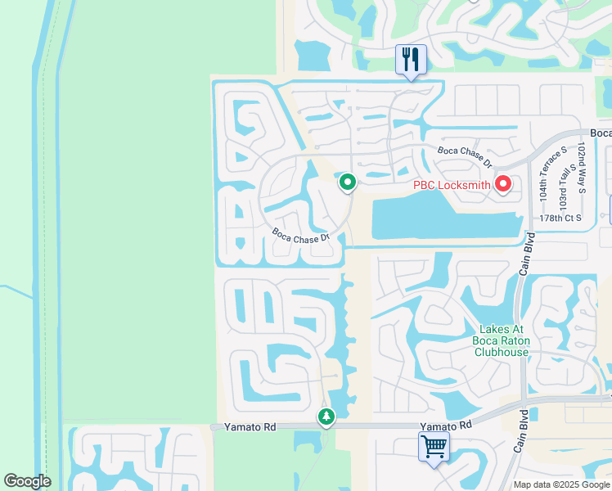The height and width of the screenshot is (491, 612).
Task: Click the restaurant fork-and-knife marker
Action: click(x=410, y=59)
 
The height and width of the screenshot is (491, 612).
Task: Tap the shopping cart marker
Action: click(x=434, y=447)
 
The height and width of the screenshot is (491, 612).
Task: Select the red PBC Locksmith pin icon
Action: click(x=502, y=185)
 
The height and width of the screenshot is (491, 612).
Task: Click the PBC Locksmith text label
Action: click(x=452, y=185)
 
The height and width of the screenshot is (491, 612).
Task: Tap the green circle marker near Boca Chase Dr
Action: click(x=348, y=182)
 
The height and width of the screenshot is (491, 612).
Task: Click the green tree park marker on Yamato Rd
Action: click(x=326, y=417)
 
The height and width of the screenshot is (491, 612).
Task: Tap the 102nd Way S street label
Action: click(x=581, y=167)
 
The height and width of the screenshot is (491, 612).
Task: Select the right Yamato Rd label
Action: click(x=447, y=426)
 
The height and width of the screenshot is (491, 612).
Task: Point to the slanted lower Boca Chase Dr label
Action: click(x=300, y=235)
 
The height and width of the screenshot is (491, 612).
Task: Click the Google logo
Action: click(x=27, y=481)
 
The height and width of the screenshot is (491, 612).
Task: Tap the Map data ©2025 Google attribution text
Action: click(x=561, y=484)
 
